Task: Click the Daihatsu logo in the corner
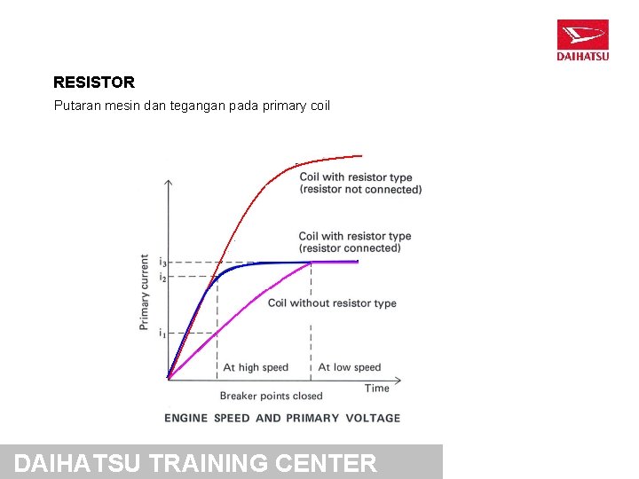click(x=582, y=40)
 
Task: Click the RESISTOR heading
click(x=94, y=82)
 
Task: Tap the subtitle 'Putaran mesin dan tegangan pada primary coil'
click(x=192, y=106)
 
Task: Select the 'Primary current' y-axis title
click(x=145, y=293)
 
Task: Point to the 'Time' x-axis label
click(x=377, y=388)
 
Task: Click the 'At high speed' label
click(x=256, y=367)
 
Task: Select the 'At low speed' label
click(x=349, y=367)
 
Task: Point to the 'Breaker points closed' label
click(x=271, y=396)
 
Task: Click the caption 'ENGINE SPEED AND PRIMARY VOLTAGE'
click(x=282, y=418)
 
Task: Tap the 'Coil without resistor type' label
click(x=332, y=303)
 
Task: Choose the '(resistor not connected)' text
click(x=360, y=190)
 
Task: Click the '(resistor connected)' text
click(x=350, y=248)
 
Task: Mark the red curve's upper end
click(x=361, y=156)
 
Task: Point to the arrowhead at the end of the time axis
click(x=398, y=379)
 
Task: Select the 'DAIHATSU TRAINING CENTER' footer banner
click(x=221, y=462)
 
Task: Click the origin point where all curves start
click(x=169, y=379)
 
